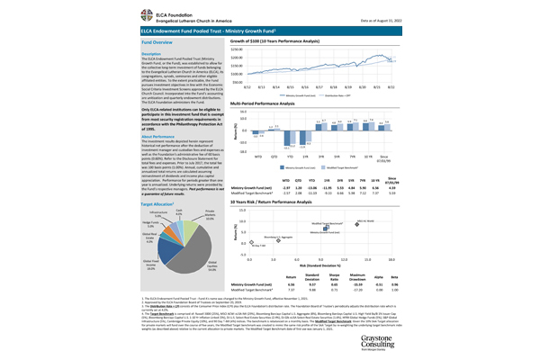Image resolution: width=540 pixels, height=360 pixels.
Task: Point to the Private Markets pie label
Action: tap(211, 217)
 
